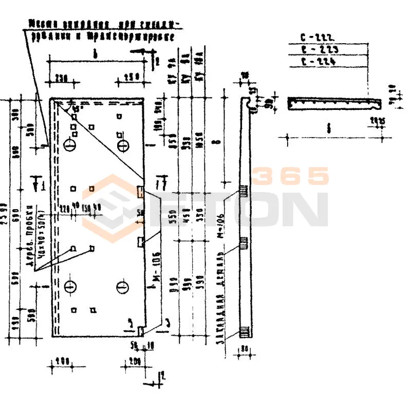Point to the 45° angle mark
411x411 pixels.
click(x=76, y=108)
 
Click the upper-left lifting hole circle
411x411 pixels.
click(x=70, y=146)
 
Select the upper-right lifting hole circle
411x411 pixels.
click(x=122, y=146)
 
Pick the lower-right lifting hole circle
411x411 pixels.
click(x=122, y=286)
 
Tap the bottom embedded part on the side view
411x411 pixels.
click(x=244, y=332)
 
